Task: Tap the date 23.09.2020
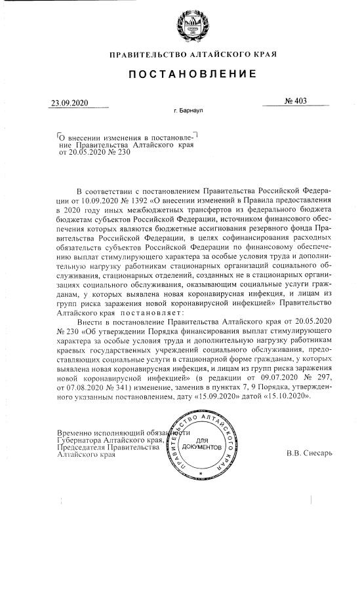(x=69, y=104)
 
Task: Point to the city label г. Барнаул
(x=188, y=111)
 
